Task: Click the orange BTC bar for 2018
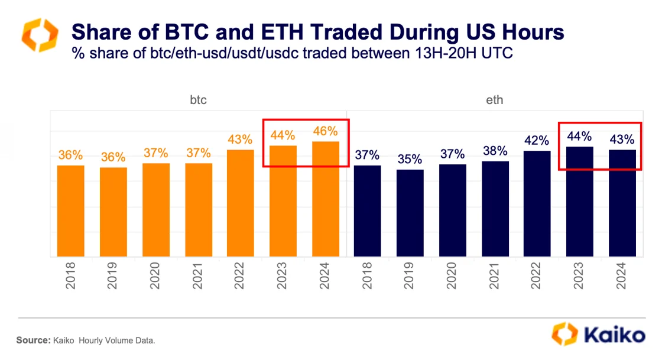click(x=70, y=211)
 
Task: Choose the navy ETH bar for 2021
click(x=495, y=209)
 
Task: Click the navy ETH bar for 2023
click(x=580, y=202)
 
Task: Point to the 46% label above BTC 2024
click(x=326, y=131)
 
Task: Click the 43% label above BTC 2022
click(x=241, y=140)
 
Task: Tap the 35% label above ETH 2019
click(x=410, y=159)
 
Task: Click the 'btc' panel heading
click(x=198, y=100)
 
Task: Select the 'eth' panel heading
click(x=495, y=100)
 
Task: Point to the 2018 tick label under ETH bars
click(x=368, y=276)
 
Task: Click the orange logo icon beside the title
click(x=40, y=35)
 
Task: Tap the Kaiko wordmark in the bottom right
click(x=615, y=335)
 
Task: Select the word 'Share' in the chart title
click(x=98, y=32)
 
